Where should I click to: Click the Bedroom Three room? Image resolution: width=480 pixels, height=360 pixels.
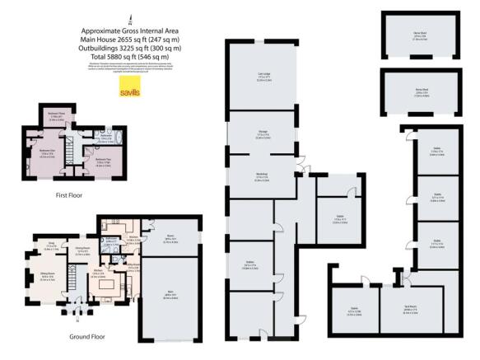point(56,115)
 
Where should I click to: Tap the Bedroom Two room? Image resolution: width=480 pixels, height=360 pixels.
point(102,159)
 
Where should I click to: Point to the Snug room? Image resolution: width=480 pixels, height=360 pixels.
point(50,245)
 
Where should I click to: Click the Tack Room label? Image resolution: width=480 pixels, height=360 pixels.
point(409,311)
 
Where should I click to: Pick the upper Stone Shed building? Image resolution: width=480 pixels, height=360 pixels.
point(420,36)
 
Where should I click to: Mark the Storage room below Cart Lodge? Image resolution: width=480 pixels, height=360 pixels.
point(263,137)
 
